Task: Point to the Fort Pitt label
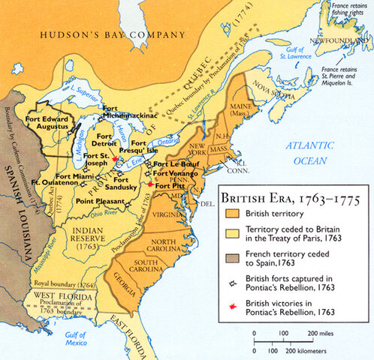(171, 184)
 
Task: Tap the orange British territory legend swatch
(231, 214)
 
